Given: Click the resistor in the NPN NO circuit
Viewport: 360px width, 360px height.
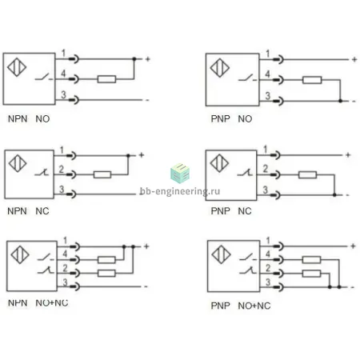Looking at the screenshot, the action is [x=106, y=79].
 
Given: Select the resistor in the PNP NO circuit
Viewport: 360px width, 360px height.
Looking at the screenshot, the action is [x=312, y=80].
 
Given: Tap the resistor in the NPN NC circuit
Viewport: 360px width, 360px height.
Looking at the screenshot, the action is [x=102, y=174].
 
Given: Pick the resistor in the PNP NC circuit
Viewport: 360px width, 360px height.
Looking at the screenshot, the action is [x=307, y=175].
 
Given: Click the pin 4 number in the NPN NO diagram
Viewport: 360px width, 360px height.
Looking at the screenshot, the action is [x=63, y=73].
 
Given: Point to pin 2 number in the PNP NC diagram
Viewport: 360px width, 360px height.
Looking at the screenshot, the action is [x=265, y=169].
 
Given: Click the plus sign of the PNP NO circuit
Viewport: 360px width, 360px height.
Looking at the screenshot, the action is [x=354, y=59].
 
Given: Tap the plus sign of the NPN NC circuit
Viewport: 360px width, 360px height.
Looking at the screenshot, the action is [x=142, y=155].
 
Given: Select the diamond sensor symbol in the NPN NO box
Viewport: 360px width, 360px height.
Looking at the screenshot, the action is [x=17, y=67].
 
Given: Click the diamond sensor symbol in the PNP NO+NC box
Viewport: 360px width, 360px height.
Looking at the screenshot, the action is [x=221, y=254].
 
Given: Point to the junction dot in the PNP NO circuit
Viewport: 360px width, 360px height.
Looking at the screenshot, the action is [x=340, y=101].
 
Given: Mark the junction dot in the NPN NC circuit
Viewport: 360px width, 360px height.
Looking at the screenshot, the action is [x=128, y=155].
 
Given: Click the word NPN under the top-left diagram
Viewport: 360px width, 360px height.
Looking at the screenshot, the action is [x=18, y=118].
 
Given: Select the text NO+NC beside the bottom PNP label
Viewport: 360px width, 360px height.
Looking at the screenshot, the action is [x=254, y=306].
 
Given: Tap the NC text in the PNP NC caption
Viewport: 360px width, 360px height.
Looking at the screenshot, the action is [x=245, y=211].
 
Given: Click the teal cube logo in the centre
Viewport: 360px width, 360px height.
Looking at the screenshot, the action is [x=180, y=174].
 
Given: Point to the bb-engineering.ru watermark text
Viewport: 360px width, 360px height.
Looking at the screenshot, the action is [x=180, y=191].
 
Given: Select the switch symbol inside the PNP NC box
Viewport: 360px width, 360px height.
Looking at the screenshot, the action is [x=245, y=173].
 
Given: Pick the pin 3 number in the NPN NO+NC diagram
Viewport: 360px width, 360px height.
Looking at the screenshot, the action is [x=65, y=282].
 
